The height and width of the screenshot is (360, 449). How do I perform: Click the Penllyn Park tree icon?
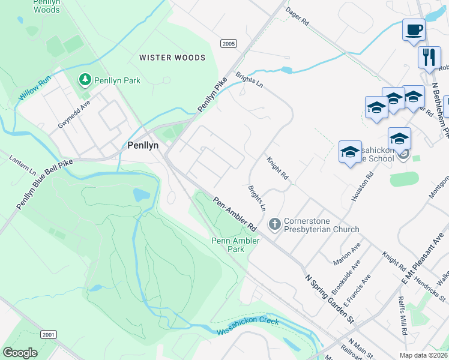click(x=85, y=79)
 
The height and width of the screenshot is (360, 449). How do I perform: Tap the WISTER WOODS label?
click(x=172, y=58)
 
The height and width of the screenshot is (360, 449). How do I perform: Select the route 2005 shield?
click(x=228, y=44)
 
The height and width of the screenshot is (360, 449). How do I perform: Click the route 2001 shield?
click(x=49, y=334)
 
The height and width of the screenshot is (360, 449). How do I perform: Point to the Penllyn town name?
click(x=142, y=145)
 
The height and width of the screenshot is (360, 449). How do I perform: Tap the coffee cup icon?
click(x=414, y=30)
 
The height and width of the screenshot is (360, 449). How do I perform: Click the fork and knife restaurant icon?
click(x=429, y=58)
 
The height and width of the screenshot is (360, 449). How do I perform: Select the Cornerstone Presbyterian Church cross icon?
click(x=275, y=224)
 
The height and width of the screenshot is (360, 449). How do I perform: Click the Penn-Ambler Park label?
click(x=236, y=245)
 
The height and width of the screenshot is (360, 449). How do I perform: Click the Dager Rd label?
click(x=297, y=16)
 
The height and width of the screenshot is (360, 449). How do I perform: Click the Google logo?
click(x=20, y=353)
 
